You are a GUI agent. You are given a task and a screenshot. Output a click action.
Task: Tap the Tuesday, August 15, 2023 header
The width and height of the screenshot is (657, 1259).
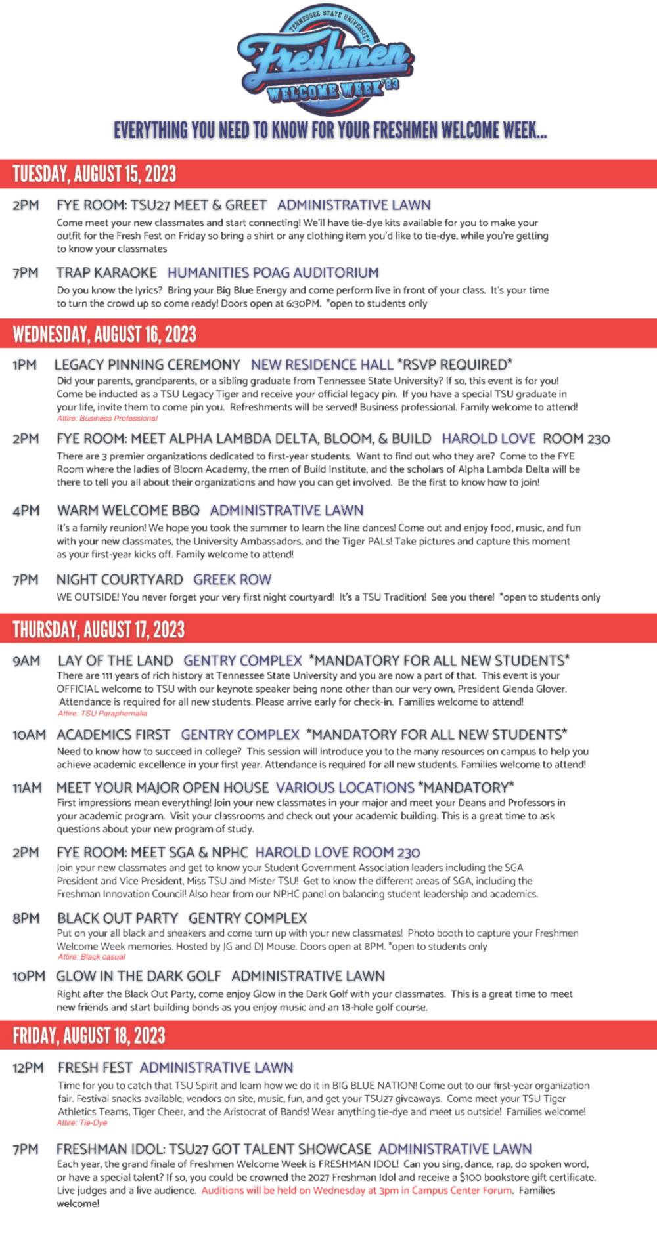[x=95, y=174]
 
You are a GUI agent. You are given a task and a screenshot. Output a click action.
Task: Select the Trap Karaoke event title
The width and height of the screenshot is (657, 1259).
[x=106, y=272]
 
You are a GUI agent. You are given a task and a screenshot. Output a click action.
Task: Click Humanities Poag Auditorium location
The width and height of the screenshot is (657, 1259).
[x=273, y=272]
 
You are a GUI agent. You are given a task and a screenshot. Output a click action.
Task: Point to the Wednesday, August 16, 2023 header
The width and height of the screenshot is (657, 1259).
[x=104, y=334]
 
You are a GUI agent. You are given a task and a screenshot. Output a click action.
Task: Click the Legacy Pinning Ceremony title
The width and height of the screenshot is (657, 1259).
[x=147, y=364]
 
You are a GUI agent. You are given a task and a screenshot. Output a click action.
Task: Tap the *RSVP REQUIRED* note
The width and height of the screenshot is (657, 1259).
[x=455, y=364]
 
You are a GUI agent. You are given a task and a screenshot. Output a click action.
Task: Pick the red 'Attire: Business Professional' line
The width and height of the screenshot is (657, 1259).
[x=107, y=418]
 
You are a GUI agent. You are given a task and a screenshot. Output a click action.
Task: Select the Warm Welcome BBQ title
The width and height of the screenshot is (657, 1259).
[x=128, y=510]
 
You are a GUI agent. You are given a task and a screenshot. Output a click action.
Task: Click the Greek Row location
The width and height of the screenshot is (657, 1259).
[x=232, y=579]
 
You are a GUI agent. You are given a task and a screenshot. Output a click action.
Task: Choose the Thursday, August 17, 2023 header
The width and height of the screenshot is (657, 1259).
[x=99, y=629]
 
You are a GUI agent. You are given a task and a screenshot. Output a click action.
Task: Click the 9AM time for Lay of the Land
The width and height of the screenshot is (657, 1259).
[x=26, y=660]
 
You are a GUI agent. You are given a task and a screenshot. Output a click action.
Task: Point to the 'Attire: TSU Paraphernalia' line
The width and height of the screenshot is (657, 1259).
[x=102, y=713]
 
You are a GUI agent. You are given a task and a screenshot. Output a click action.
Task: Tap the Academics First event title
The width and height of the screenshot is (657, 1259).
[x=113, y=734]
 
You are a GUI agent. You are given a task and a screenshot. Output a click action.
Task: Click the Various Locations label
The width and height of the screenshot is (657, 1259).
[x=345, y=787]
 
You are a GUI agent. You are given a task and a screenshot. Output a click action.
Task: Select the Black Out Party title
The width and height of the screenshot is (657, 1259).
[x=118, y=918]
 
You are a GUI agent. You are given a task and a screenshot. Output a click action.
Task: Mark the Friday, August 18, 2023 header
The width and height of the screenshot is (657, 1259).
[x=89, y=1035]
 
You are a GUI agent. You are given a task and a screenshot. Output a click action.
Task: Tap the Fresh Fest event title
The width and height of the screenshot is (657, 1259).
[x=95, y=1067]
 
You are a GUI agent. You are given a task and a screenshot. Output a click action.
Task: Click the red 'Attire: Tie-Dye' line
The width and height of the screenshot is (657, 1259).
[x=82, y=1122]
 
